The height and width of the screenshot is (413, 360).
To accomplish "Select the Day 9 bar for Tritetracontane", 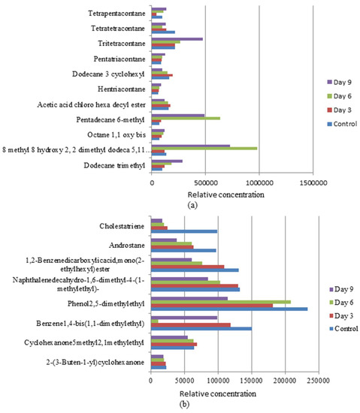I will click(x=177, y=38).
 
